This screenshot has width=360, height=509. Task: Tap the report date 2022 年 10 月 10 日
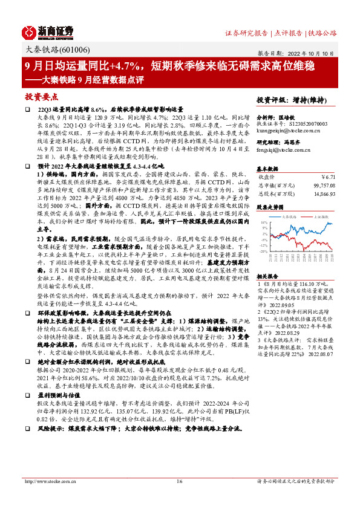[x=309, y=53]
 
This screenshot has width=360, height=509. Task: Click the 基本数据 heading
[x=268, y=169]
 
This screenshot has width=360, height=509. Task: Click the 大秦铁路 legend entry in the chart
[x=283, y=215]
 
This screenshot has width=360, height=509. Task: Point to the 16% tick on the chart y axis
[x=264, y=222]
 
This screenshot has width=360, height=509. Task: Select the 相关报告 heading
[x=268, y=275]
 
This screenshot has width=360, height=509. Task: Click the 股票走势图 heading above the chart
[x=270, y=207]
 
